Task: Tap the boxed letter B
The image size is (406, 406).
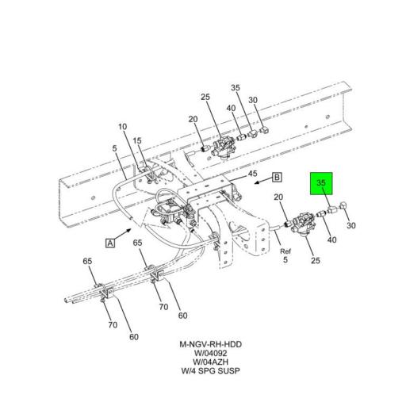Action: [x=278, y=178]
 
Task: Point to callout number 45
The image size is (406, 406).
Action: [x=252, y=174]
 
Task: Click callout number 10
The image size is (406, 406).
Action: [x=123, y=127]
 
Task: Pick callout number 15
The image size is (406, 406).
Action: [x=137, y=141]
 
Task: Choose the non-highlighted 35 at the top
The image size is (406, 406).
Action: [x=236, y=87]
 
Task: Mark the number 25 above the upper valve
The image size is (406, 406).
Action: [x=205, y=98]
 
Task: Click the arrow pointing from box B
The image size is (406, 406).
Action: [x=262, y=182]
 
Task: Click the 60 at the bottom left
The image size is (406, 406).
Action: [x=134, y=337]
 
